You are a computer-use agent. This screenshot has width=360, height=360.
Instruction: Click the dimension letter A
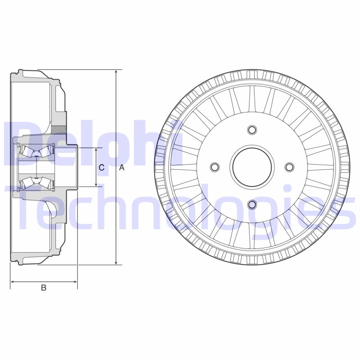pos(121,168)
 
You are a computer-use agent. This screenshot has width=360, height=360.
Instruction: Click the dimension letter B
pos(44,288)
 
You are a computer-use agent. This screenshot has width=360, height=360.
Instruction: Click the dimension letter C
pos(102,168)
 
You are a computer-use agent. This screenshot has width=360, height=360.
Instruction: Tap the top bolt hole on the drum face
pos(252,130)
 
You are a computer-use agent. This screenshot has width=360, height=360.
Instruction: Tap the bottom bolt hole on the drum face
pos(252,205)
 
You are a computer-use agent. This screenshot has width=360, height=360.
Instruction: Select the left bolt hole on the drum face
pos(215,167)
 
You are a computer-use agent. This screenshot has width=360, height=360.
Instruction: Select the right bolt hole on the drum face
pos(289,167)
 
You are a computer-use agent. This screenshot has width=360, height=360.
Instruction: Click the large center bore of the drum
pos(252,167)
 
